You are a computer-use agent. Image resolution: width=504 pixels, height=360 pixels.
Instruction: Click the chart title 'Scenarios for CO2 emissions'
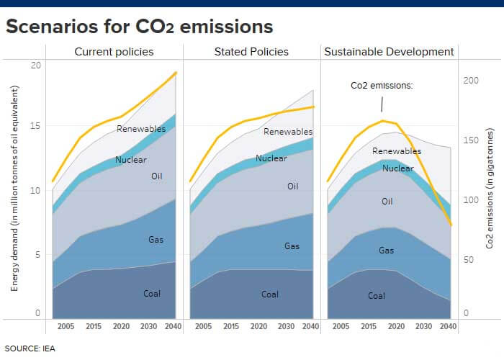click(139, 27)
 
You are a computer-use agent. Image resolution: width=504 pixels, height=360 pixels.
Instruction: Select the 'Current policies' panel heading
click(113, 52)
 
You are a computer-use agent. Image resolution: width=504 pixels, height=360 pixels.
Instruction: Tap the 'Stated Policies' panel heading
click(251, 52)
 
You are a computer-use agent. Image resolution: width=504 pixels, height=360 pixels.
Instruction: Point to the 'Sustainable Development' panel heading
click(389, 52)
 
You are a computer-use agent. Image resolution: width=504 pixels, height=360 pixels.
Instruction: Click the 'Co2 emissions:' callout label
click(382, 85)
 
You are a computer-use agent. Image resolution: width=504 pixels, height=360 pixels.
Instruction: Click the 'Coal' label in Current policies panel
click(151, 293)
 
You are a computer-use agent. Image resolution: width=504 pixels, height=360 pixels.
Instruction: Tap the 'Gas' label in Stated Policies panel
click(292, 246)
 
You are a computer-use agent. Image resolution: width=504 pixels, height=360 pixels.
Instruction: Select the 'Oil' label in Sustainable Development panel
click(387, 202)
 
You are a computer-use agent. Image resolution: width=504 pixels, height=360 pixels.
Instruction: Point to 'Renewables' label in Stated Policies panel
click(288, 132)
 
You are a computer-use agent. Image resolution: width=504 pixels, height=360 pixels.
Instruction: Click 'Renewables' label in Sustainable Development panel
click(397, 151)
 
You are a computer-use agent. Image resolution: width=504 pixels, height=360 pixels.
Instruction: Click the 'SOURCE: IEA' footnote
click(30, 348)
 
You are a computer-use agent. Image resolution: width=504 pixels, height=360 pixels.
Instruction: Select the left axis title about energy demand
click(14, 188)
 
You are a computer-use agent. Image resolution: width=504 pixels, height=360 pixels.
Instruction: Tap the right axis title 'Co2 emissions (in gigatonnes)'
click(490, 189)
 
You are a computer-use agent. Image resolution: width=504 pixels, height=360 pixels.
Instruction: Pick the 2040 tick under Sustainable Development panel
click(449, 327)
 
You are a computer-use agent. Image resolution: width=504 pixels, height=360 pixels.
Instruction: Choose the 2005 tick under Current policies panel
click(66, 327)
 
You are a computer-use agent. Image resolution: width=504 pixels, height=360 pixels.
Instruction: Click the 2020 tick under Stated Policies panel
click(258, 327)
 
